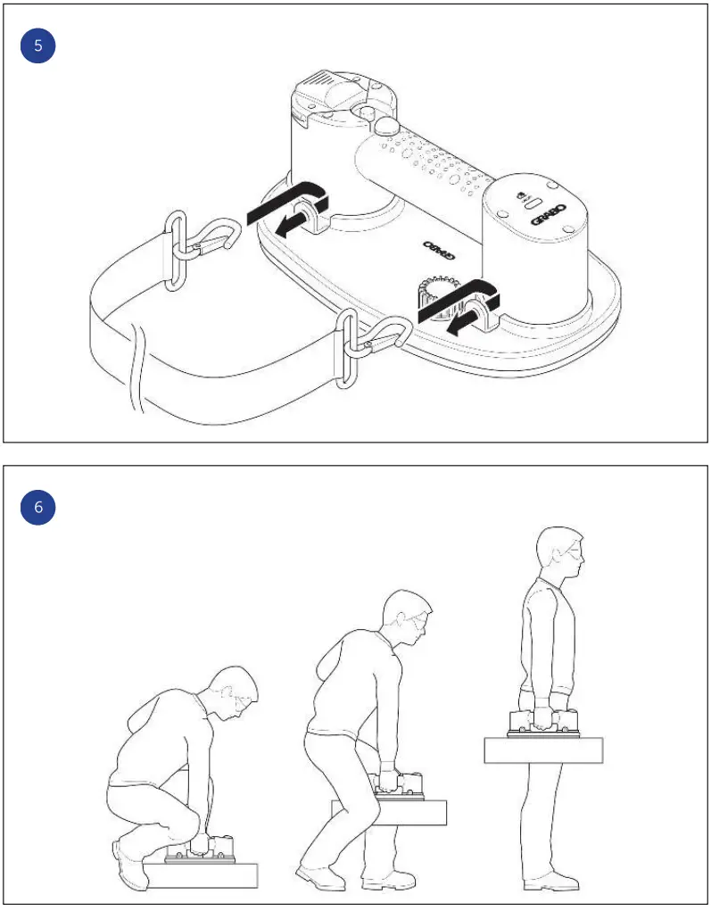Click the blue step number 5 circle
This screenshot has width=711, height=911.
pos(37,46)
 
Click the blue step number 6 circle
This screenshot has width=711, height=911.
pos(37,507)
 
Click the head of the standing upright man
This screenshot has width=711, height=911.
pos(560,553)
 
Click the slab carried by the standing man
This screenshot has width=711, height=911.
pos(543,750)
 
